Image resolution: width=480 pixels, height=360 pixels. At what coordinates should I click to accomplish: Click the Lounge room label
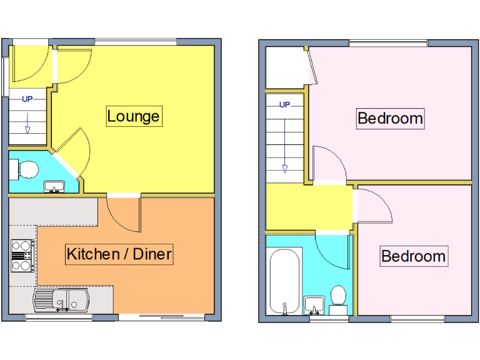[x=134, y=116]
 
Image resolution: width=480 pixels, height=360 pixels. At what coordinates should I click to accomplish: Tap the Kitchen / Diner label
[x=119, y=254]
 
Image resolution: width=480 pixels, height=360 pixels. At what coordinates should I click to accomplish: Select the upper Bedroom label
[x=390, y=118]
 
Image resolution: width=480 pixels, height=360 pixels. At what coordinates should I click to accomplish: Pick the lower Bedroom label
[x=413, y=256]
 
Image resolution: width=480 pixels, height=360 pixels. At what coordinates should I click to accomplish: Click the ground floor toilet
[x=26, y=167]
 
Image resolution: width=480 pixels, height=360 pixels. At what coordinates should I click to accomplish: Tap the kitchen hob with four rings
[x=22, y=256]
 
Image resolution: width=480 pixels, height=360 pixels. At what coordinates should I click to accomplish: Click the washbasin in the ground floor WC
[x=55, y=186]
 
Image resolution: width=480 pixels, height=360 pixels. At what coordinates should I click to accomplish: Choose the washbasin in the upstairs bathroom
[x=314, y=304]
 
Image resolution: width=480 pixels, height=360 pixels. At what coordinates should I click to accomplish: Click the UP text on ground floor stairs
[x=27, y=99]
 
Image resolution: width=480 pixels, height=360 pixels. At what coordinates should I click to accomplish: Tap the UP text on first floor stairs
[x=284, y=104]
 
